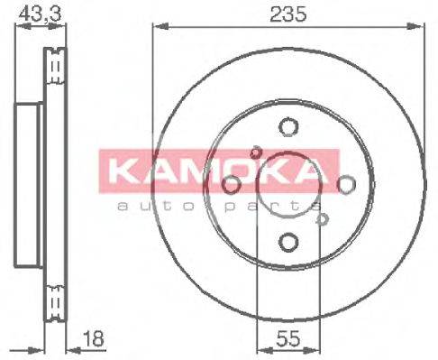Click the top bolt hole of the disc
click(287, 127)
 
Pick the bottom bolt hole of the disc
click(287, 242)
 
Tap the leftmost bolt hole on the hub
click(231, 185)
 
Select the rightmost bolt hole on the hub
click(345, 185)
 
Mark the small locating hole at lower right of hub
click(321, 217)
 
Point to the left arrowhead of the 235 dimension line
click(155, 29)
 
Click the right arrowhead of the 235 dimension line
click(422, 29)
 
